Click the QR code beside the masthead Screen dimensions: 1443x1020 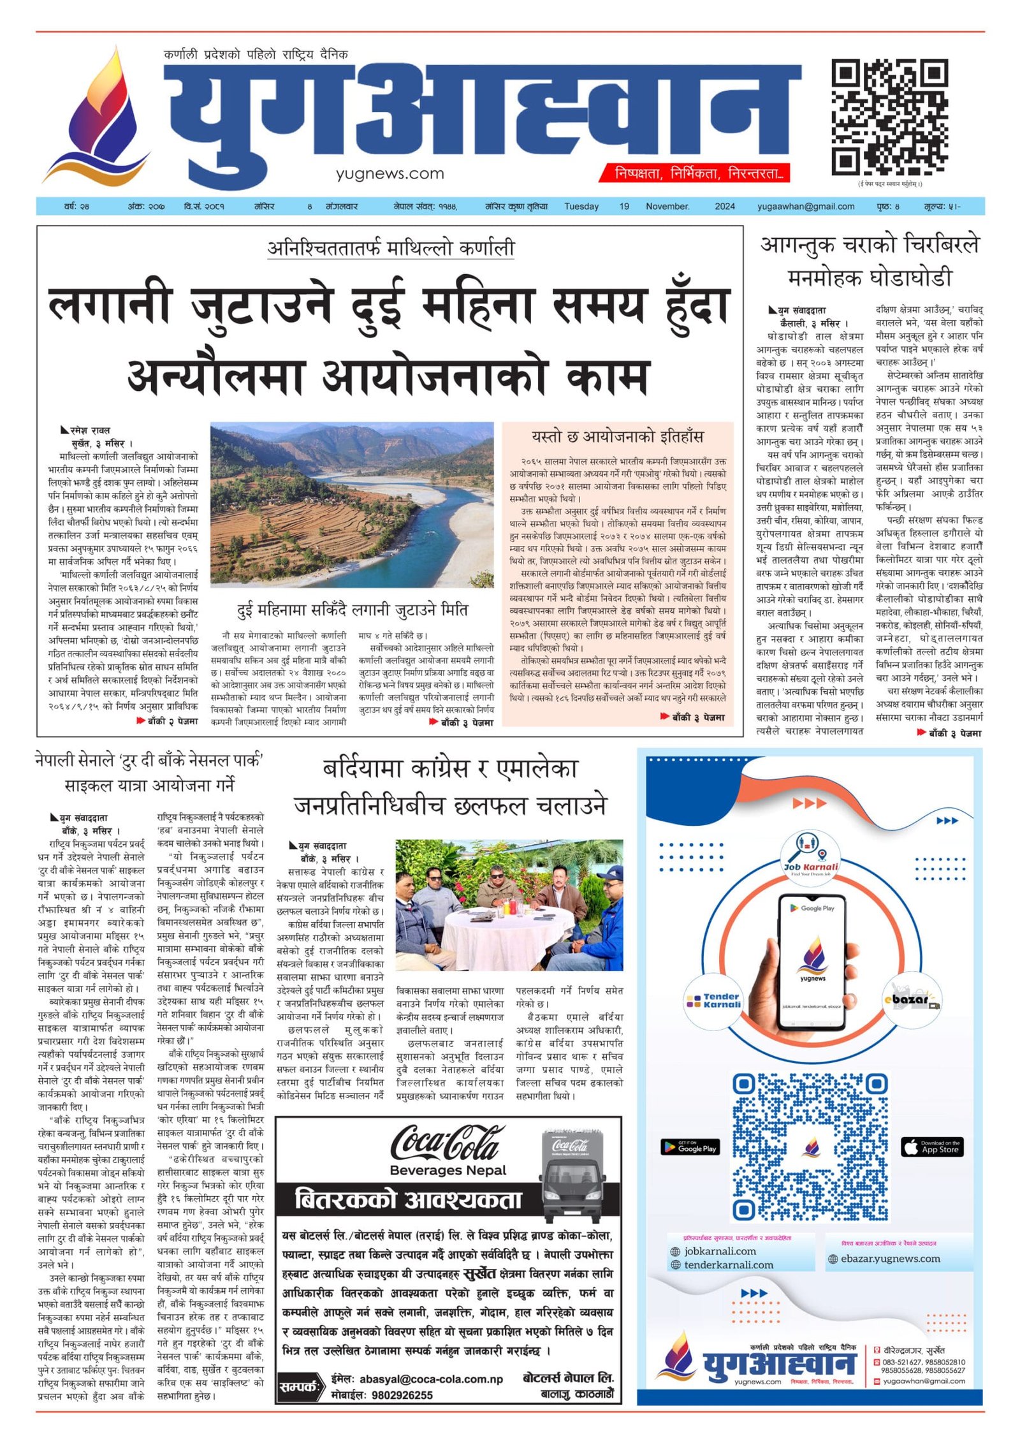[889, 117]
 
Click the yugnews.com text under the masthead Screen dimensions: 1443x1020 [390, 173]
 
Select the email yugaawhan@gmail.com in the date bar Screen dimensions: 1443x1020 [806, 206]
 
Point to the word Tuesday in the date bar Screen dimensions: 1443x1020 [581, 206]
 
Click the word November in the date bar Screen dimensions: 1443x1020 [667, 206]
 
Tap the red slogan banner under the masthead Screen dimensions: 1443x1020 [694, 173]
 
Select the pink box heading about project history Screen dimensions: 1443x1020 [617, 437]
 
